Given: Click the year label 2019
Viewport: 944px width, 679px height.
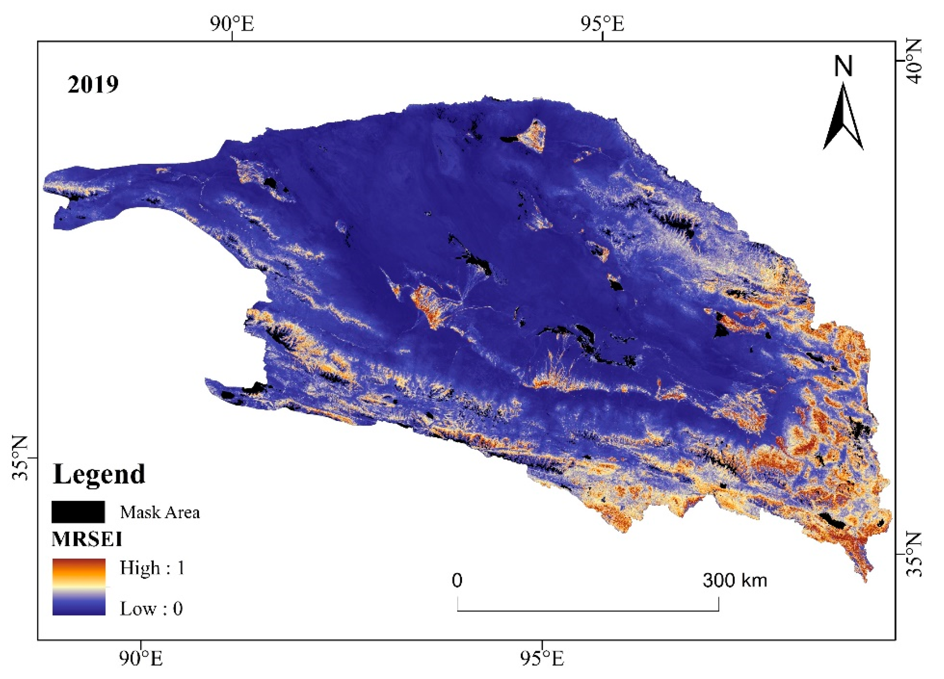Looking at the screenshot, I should coord(93,84).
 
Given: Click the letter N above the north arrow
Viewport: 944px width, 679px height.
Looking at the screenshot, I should coord(843,67).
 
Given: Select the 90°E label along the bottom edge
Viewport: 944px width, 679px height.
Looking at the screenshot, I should coord(141,659).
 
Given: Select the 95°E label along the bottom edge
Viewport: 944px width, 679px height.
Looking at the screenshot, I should coord(542,659).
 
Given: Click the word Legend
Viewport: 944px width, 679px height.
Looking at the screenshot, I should coord(99,474).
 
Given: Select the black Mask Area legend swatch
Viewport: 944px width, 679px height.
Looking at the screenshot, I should coord(78,512).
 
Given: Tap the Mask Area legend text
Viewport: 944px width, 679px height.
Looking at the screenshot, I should coord(160,512).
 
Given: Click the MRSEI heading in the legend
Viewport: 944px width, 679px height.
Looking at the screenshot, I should coord(87,540).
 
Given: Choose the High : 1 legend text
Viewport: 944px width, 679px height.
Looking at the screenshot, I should coord(152,567).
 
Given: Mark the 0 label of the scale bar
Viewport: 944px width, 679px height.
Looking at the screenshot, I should coord(457,580).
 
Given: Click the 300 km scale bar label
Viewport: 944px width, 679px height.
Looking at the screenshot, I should coord(734,580).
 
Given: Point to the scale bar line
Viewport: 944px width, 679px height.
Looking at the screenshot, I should coord(588,610).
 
